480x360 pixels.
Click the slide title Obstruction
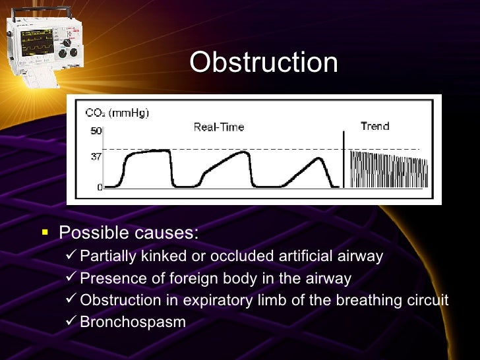point(264,63)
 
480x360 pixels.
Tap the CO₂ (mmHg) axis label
point(117,113)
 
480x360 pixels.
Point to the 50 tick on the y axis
point(96,131)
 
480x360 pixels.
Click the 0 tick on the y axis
point(100,187)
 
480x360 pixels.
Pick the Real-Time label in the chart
point(218,127)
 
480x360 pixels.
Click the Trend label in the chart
point(375,126)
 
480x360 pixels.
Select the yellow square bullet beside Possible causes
point(45,233)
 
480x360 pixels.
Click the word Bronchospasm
point(133,322)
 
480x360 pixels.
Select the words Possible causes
point(129,233)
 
